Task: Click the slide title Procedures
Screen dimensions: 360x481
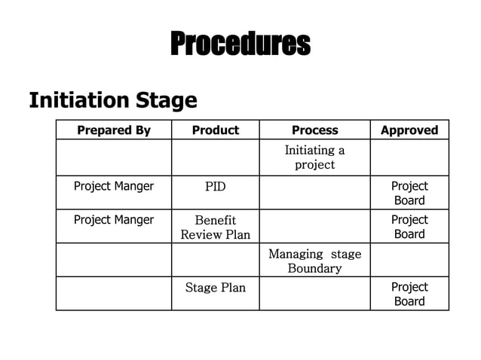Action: pyautogui.click(x=240, y=43)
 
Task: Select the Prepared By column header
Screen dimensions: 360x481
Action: pyautogui.click(x=114, y=130)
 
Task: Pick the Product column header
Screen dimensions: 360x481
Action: pyautogui.click(x=216, y=130)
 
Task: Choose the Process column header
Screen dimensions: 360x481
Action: pyautogui.click(x=315, y=130)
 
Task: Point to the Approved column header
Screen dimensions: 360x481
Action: pyautogui.click(x=409, y=130)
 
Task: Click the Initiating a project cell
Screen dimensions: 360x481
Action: pyautogui.click(x=315, y=157)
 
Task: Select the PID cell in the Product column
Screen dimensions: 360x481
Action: pyautogui.click(x=216, y=187)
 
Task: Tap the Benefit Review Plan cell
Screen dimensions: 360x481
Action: pyautogui.click(x=216, y=227)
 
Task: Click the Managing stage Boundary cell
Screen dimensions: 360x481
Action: pyautogui.click(x=315, y=261)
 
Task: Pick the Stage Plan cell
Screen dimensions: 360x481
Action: pyautogui.click(x=216, y=288)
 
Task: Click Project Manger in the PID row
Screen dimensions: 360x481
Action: pyautogui.click(x=114, y=186)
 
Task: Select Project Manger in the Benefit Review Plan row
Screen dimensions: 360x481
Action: pyautogui.click(x=114, y=220)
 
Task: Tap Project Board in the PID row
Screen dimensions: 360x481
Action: pyautogui.click(x=409, y=193)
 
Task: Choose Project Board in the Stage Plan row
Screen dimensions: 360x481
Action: pyautogui.click(x=409, y=294)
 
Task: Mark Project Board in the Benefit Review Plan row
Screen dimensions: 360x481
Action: pyautogui.click(x=409, y=227)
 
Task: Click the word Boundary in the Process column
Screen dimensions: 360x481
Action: pyautogui.click(x=315, y=268)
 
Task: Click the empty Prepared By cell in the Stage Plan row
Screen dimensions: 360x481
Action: pyautogui.click(x=114, y=293)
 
